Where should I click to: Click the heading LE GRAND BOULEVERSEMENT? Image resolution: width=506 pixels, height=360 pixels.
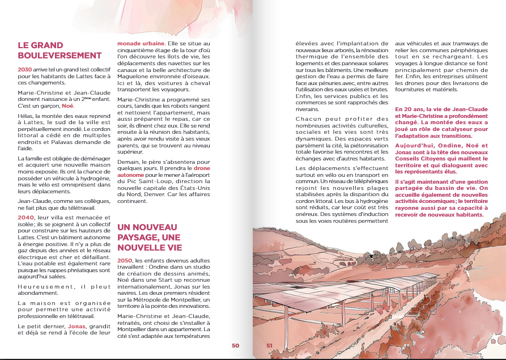point(59,50)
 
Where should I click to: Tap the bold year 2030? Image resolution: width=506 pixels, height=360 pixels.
point(25,69)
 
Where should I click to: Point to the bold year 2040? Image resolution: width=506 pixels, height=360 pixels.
point(26,217)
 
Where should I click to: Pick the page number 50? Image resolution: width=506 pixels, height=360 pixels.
point(236,345)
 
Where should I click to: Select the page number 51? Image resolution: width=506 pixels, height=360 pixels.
point(270,345)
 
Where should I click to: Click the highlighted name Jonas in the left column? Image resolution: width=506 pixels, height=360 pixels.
point(76,327)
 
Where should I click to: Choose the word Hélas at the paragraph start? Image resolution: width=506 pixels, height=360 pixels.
point(25,115)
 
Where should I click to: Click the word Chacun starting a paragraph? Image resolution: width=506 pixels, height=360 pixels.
point(309,119)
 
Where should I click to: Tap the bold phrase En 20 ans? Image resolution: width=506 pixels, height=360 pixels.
point(408,108)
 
